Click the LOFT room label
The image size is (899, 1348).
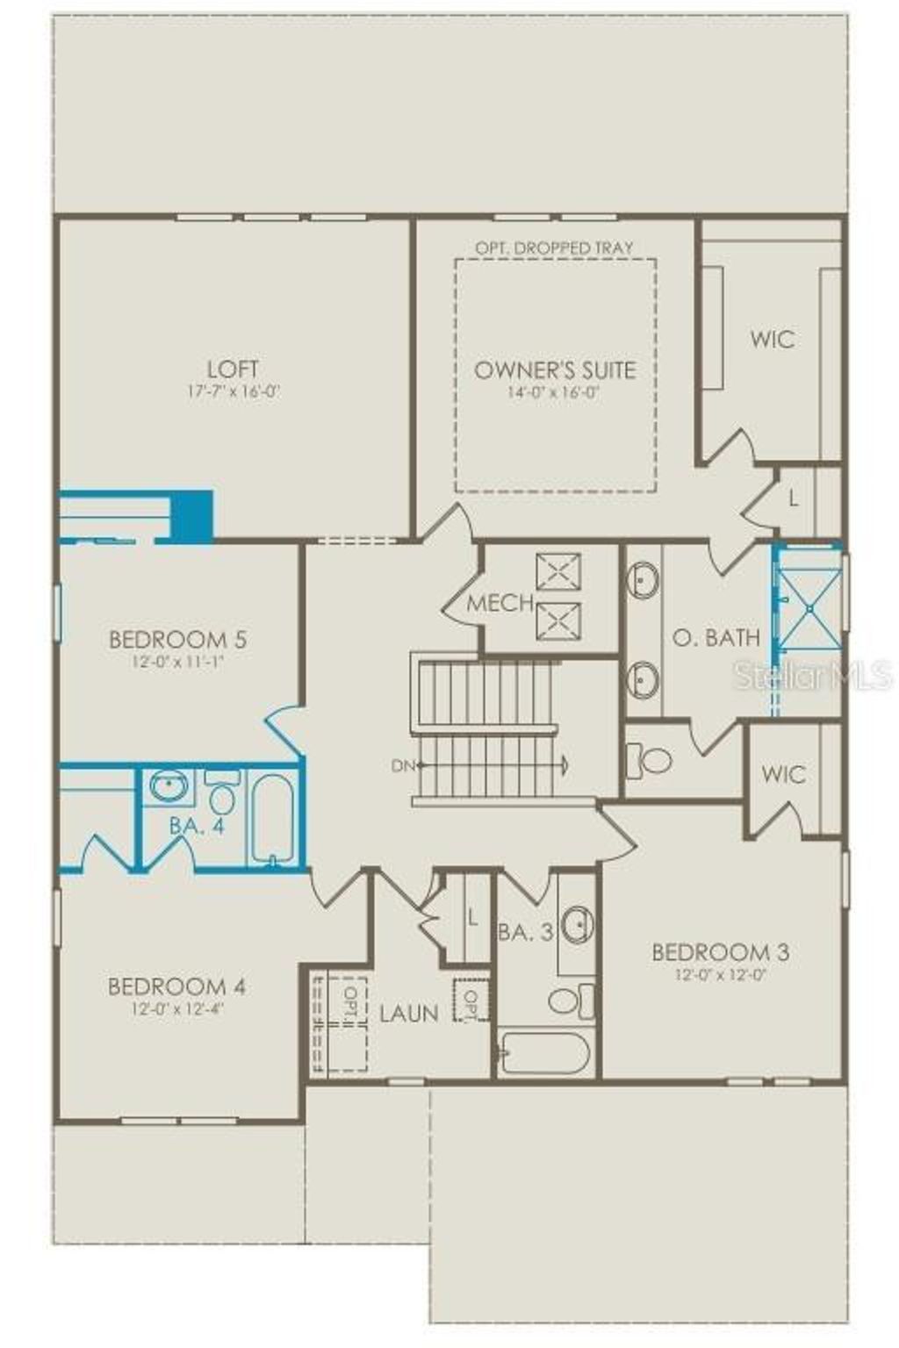coord(233,369)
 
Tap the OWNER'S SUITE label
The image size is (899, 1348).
coord(554,369)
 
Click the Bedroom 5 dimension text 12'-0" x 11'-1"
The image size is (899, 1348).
coord(178,663)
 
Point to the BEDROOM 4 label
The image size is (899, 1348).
coord(176,986)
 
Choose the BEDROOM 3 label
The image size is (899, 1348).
coord(720,951)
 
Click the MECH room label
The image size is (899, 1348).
coord(500,603)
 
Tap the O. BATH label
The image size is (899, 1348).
coord(716,637)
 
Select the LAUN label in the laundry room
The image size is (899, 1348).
coord(408,1013)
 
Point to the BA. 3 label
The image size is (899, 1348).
coord(525,932)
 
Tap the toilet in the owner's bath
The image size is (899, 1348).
coord(650,760)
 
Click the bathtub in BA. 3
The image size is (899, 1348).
coord(544,1053)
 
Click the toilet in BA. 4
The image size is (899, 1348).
coord(222,795)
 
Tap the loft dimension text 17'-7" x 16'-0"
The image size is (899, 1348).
coord(233,392)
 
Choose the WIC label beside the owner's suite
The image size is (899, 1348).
coord(772,339)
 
